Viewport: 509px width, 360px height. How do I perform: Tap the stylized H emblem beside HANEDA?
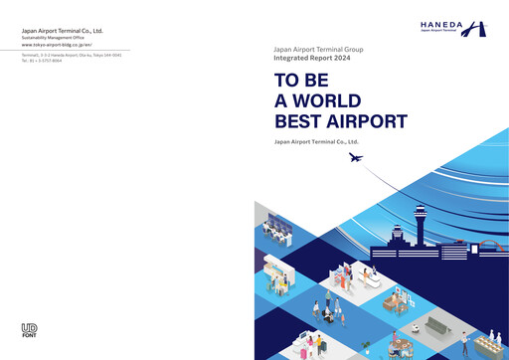pyautogui.click(x=480, y=28)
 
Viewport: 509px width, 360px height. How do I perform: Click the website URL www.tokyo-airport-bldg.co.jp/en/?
pyautogui.click(x=56, y=45)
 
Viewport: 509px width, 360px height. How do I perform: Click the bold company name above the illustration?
pyautogui.click(x=315, y=142)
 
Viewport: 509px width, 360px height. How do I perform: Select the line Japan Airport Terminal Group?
pyautogui.click(x=319, y=48)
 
